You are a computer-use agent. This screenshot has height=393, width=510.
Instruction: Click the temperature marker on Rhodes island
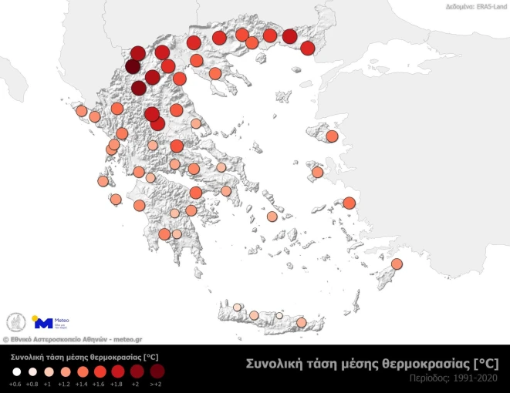click(398, 264)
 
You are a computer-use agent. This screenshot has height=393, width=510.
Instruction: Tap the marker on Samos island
click(348, 203)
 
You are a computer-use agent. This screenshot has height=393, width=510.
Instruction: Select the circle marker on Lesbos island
click(332, 136)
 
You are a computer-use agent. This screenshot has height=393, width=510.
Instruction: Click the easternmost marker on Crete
click(302, 322)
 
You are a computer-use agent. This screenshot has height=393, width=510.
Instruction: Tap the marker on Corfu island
click(81, 111)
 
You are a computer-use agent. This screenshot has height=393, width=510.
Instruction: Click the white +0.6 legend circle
click(15, 371)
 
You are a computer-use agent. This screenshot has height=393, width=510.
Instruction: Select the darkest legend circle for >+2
click(157, 371)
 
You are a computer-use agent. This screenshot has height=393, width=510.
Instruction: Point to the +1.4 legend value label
click(82, 384)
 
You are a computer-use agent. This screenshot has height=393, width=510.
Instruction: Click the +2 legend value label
click(136, 384)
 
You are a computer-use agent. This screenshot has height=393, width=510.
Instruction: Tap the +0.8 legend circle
click(32, 371)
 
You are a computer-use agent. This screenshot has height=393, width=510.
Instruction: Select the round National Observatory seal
click(15, 322)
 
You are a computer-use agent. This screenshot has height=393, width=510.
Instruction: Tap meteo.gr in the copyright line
click(127, 338)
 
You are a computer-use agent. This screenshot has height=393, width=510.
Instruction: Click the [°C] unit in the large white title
click(488, 363)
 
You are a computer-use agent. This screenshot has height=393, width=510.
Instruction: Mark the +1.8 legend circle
click(117, 371)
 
